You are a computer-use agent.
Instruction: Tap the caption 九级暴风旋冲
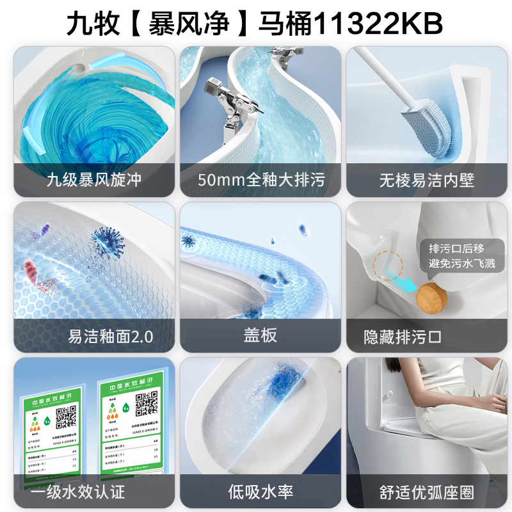tap(94, 180)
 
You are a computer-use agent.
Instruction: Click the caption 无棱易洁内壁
tap(427, 180)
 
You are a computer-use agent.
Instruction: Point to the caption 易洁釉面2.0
tap(111, 336)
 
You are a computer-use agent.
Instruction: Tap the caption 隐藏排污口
tap(403, 337)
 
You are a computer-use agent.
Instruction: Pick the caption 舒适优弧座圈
tap(427, 492)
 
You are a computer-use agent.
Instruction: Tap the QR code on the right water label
tap(147, 403)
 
